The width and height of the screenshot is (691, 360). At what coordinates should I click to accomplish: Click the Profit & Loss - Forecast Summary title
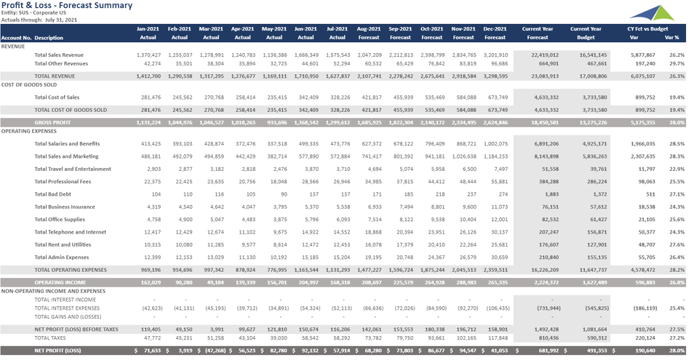[67, 6]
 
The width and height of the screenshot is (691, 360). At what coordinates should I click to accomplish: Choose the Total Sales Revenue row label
[59, 55]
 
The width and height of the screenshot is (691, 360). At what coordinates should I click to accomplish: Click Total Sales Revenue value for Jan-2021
[148, 55]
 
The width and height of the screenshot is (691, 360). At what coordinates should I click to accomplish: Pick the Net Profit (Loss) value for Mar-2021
[211, 351]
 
